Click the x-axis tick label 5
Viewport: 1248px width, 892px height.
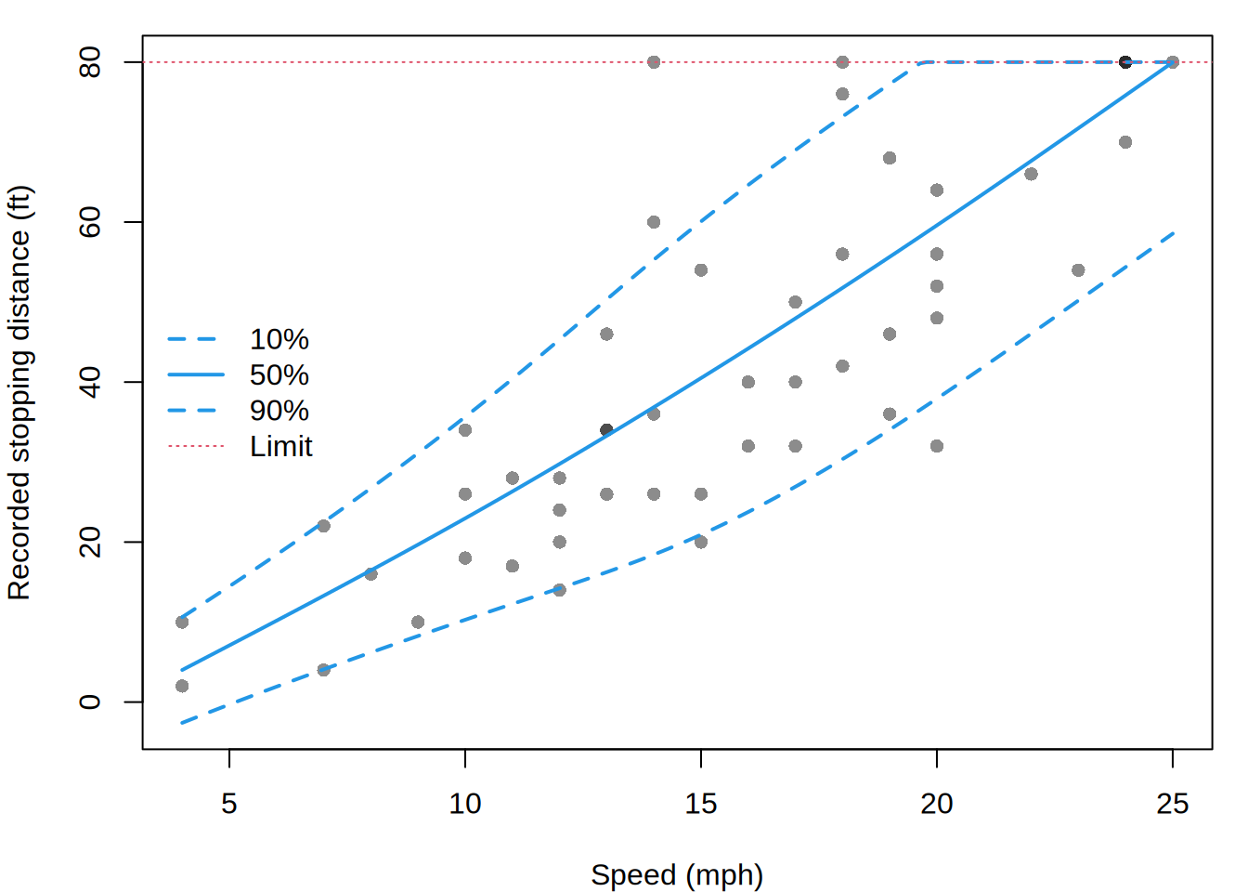229,804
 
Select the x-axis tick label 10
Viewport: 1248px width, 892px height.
464,804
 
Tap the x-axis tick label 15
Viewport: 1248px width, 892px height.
700,804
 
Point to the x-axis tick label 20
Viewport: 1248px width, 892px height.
937,804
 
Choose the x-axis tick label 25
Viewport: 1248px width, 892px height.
1172,804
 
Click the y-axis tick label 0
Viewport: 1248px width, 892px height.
90,702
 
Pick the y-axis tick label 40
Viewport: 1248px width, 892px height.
90,382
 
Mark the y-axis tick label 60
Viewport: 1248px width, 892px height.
90,222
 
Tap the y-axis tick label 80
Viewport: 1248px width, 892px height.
90,62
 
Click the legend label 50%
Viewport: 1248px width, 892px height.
279,374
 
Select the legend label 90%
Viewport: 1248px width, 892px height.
279,411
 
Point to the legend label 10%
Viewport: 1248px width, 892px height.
279,339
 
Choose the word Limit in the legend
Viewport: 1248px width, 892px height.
281,446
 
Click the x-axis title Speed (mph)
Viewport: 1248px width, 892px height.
677,875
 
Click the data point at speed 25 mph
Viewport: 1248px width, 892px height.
1172,62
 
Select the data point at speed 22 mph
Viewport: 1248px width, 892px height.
1031,174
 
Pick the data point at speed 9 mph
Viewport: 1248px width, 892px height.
418,622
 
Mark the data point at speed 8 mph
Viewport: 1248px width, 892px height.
370,573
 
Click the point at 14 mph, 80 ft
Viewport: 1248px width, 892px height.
654,62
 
